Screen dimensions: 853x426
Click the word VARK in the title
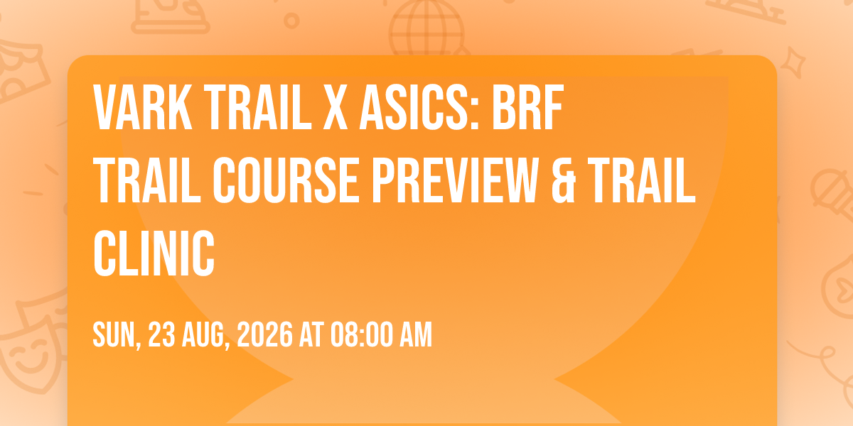click(143, 107)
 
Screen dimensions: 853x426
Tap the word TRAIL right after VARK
click(259, 107)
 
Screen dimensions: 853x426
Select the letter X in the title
click(336, 107)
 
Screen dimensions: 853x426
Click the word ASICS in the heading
click(419, 107)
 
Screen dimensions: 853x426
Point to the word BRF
click(527, 107)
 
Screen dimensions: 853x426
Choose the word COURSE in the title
click(286, 180)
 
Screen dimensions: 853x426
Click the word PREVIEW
click(455, 180)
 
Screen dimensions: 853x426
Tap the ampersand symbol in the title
click(563, 180)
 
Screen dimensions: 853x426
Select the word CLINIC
click(154, 253)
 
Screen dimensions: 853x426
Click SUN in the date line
click(117, 334)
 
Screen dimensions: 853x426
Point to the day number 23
click(161, 334)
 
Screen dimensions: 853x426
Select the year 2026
click(264, 334)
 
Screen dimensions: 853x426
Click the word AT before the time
click(311, 334)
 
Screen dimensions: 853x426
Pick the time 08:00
click(361, 334)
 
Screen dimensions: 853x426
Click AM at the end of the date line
click(416, 334)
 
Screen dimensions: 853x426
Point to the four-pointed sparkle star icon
click(793, 62)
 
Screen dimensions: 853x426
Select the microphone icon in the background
click(832, 198)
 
